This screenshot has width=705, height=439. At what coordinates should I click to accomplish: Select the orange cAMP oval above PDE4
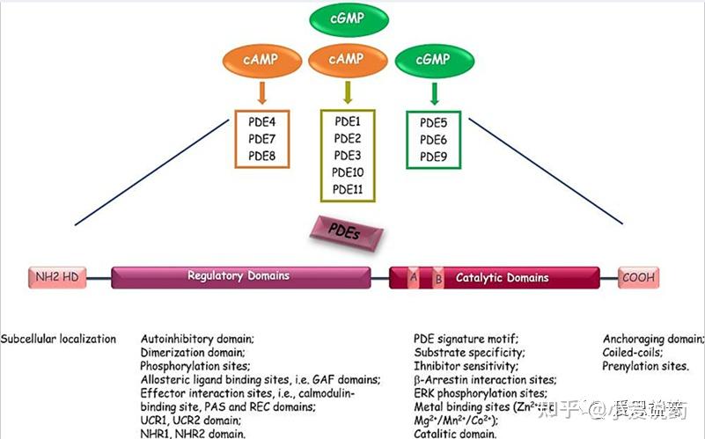[263, 59]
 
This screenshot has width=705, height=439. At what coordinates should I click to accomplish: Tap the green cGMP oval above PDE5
[434, 60]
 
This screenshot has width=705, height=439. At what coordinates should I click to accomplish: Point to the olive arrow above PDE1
[349, 92]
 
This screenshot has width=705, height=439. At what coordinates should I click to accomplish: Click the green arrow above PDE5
[434, 92]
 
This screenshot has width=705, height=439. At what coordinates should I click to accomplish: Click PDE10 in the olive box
[349, 172]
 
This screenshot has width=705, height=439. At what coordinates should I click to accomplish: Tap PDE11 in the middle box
[349, 189]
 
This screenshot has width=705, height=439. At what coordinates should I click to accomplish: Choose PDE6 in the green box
[434, 139]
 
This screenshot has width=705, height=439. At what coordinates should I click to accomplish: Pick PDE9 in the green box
[434, 156]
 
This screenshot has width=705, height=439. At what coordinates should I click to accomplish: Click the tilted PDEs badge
[349, 233]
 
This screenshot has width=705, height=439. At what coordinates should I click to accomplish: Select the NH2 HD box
[58, 277]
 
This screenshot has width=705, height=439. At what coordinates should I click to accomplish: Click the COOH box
[637, 277]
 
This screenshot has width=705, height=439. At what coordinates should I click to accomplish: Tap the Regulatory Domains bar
[239, 276]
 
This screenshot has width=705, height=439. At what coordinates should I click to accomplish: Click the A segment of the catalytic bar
[414, 278]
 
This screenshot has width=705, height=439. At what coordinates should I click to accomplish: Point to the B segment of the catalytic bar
[438, 279]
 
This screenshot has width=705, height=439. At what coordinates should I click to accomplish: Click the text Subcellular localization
[58, 338]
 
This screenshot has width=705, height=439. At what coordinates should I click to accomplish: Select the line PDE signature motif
[466, 338]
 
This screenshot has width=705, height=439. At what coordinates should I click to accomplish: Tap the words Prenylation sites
[645, 366]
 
